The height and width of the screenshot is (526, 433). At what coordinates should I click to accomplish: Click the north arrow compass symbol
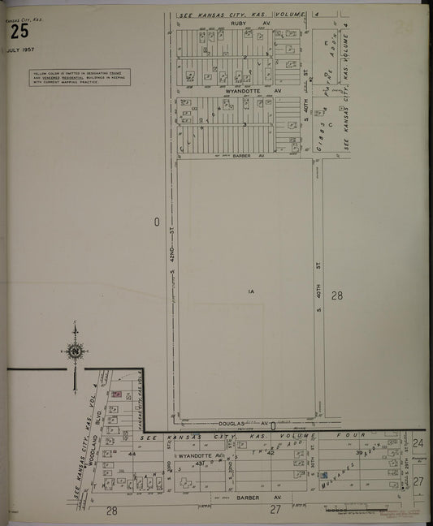[x=75, y=351]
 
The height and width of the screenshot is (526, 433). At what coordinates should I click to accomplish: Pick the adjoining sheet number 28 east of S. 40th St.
[x=336, y=296]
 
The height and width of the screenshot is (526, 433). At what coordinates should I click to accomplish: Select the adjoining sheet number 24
[x=418, y=443]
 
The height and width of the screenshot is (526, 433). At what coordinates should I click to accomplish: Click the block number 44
[x=132, y=455]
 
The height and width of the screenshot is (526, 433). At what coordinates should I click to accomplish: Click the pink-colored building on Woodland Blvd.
[x=116, y=394]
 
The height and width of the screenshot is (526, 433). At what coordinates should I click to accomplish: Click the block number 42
[x=271, y=453]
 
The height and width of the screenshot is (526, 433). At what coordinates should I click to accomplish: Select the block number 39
[x=357, y=453]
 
